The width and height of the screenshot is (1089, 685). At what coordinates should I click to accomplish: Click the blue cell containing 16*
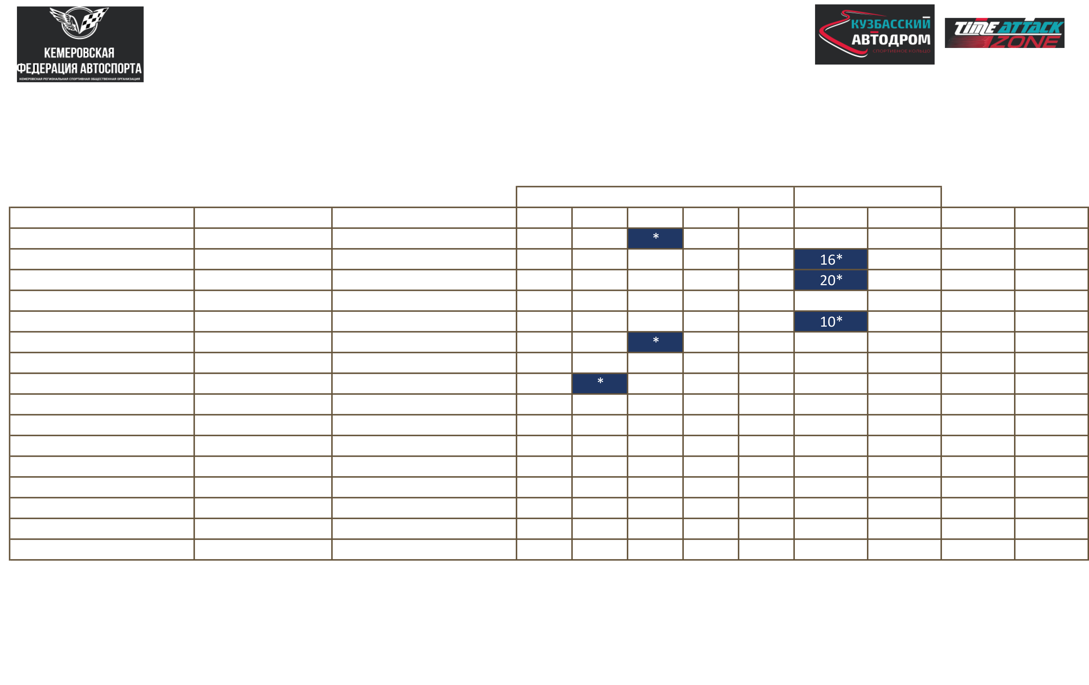point(831,259)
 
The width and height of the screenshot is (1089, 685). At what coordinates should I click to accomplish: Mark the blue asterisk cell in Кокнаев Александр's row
point(600,383)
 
